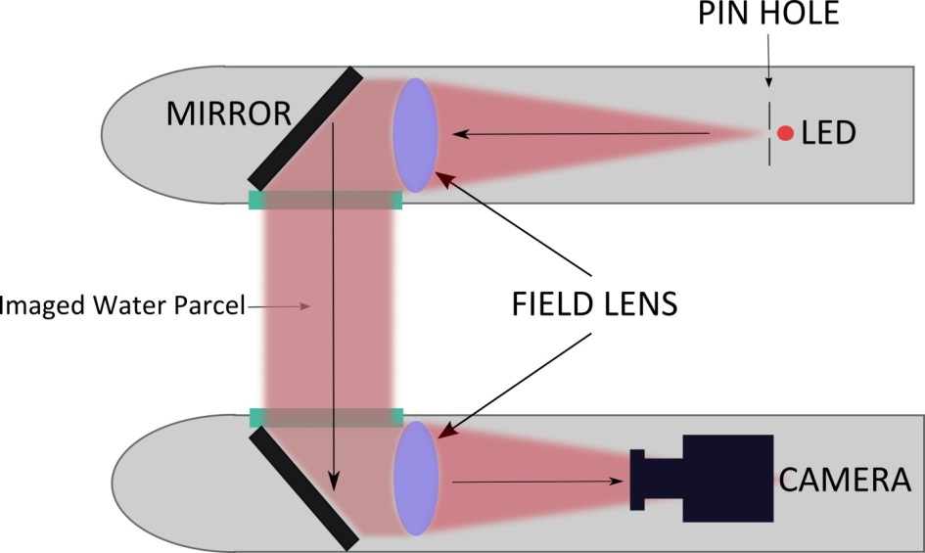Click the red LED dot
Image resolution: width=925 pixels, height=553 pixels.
point(784,132)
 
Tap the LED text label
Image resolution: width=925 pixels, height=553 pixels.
point(828,133)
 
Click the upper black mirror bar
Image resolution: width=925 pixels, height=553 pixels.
point(306,127)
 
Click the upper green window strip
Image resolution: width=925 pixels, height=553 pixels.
point(326,201)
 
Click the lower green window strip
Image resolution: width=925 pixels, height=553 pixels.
point(326,418)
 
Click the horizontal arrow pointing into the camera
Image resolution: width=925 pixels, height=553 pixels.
point(538,481)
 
